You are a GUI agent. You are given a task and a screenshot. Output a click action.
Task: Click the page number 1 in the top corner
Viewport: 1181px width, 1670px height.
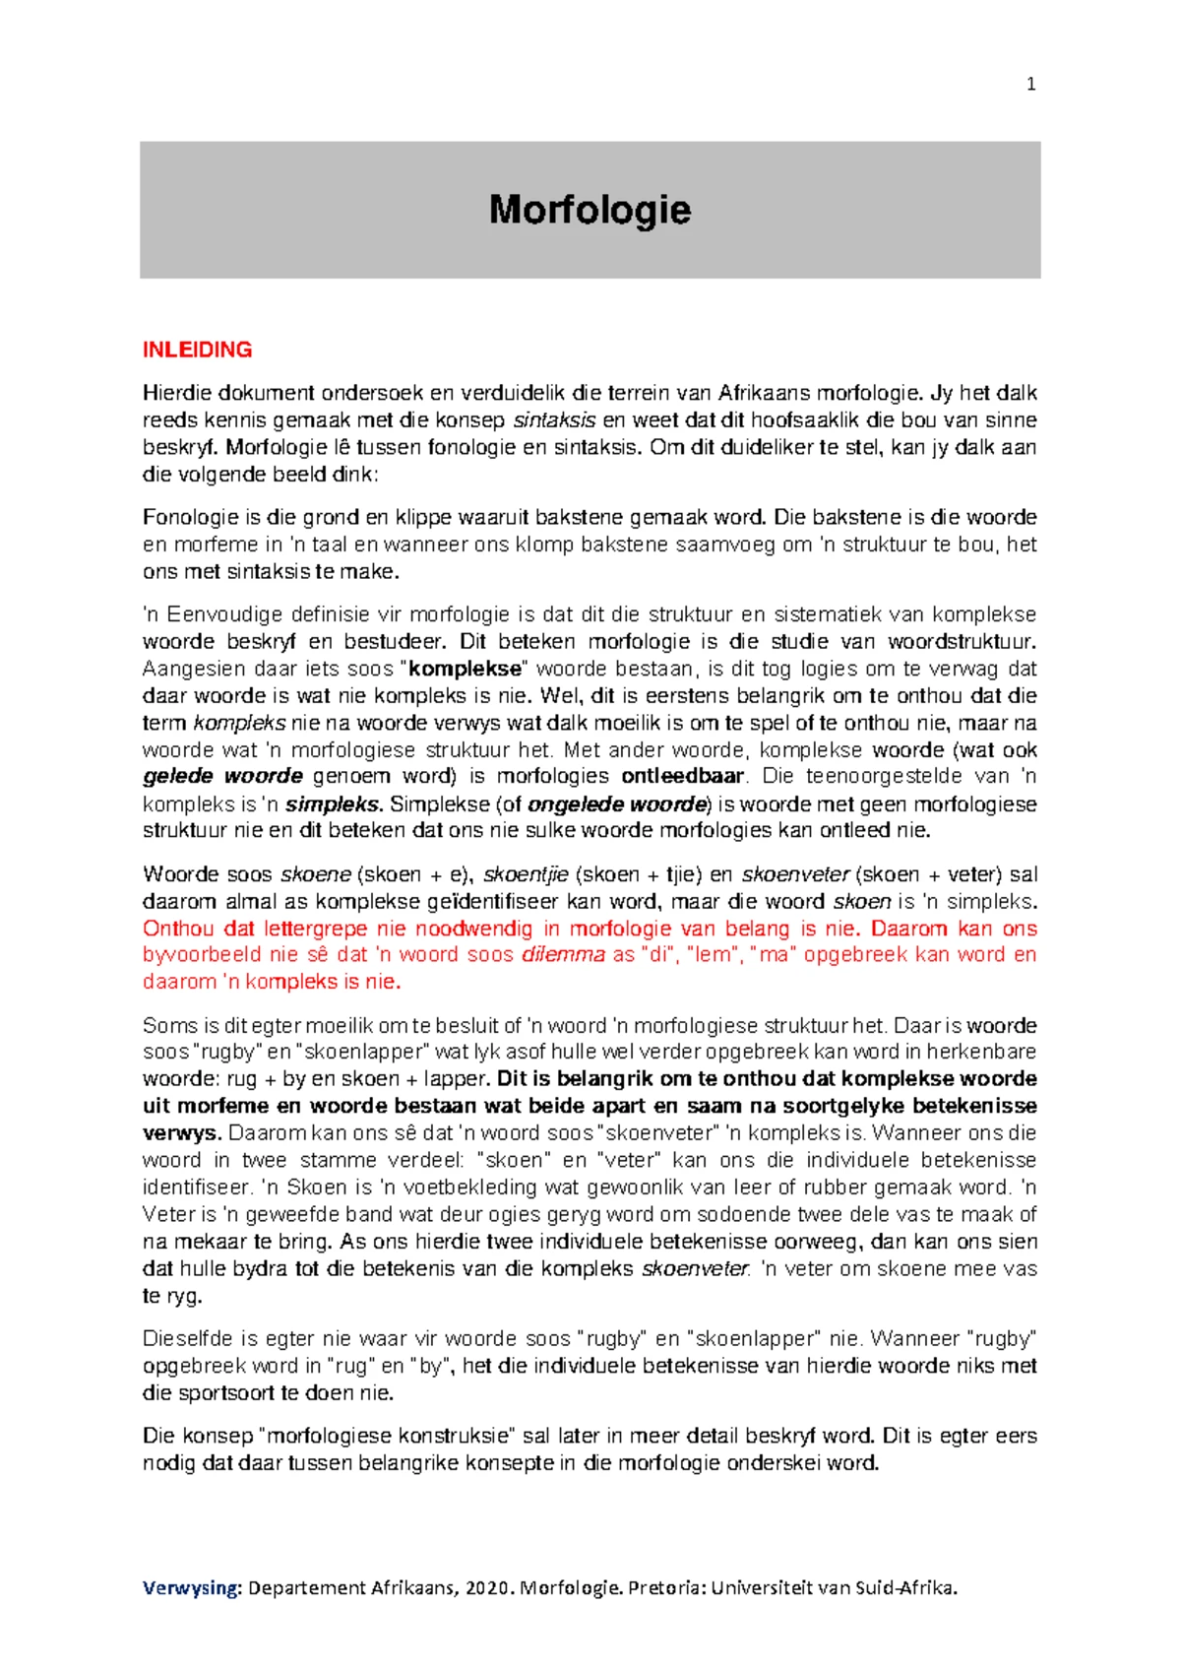1030,85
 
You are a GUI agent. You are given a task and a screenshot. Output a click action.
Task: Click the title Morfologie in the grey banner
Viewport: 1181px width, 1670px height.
590,210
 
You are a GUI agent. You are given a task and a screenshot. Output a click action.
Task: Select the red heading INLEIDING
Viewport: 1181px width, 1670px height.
197,350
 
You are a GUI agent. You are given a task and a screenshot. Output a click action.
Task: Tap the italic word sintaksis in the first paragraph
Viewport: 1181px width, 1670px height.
555,420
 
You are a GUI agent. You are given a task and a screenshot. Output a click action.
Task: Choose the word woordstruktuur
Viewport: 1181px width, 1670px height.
961,642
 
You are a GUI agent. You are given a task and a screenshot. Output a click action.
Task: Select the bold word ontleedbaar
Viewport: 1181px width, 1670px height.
683,776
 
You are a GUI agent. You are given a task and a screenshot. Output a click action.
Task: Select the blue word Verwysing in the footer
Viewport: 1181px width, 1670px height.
191,1587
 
